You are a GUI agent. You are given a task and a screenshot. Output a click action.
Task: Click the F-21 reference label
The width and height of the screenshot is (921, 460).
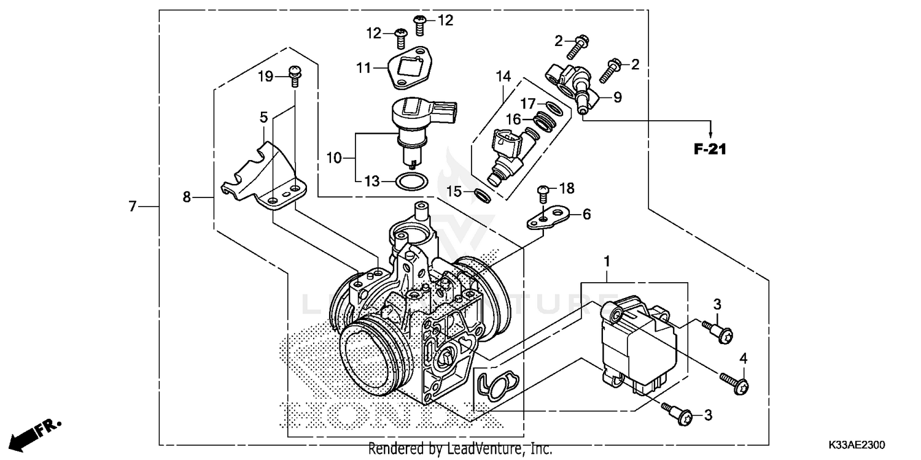tap(710, 148)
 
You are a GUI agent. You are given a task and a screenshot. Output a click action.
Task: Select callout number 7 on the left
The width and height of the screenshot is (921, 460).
tap(132, 207)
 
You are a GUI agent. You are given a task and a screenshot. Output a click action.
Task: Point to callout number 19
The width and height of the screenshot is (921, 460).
tap(265, 77)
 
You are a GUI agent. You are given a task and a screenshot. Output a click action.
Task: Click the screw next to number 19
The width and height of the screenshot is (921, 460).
tap(295, 75)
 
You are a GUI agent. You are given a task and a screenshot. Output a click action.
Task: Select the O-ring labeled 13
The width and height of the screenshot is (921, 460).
tap(409, 182)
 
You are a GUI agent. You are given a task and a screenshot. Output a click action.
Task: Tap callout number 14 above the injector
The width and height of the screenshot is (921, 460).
tap(503, 77)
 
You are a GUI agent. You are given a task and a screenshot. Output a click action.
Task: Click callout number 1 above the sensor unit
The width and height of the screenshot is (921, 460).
tap(607, 262)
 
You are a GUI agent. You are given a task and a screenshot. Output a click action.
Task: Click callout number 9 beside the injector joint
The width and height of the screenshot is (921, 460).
tap(617, 97)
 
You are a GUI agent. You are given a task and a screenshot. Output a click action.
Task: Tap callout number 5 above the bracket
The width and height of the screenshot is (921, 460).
tap(263, 117)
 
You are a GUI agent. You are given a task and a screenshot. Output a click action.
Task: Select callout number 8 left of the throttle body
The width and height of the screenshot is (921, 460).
tap(187, 197)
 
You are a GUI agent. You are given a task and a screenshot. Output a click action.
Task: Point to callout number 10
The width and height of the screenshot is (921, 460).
tap(333, 158)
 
